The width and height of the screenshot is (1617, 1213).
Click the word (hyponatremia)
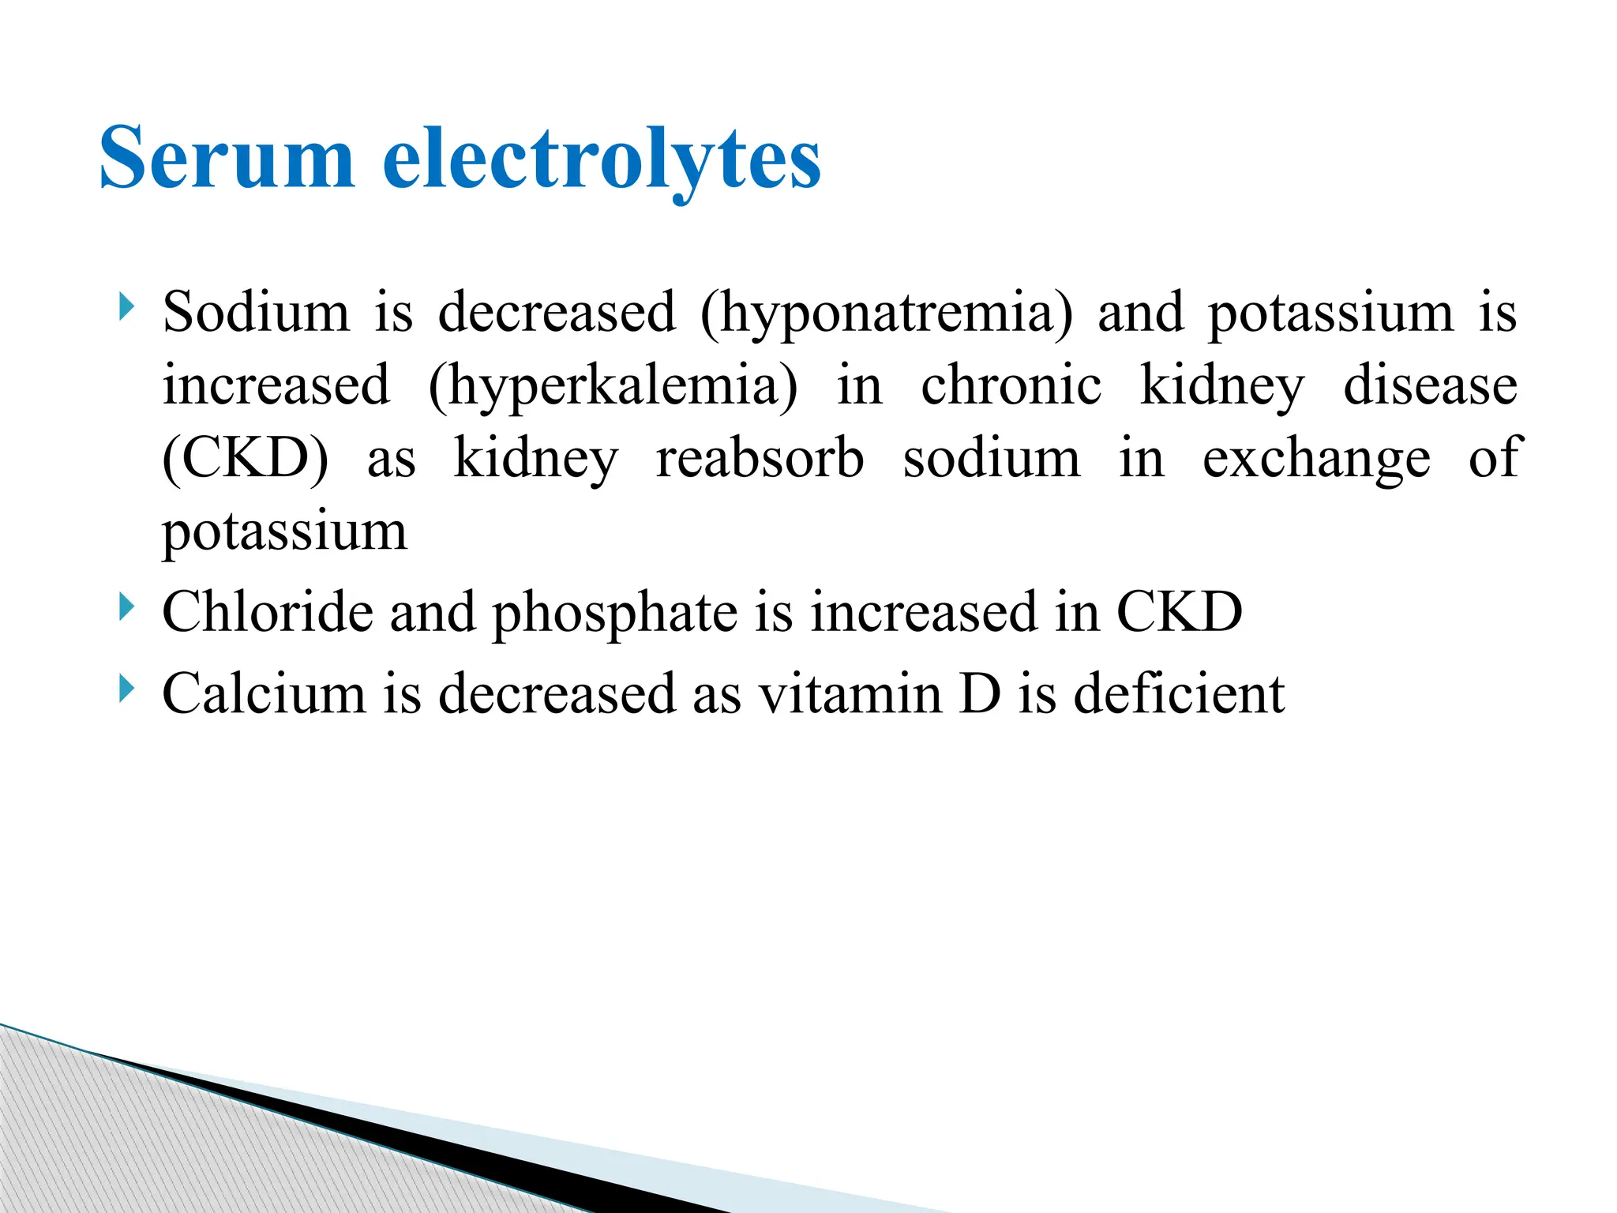click(887, 313)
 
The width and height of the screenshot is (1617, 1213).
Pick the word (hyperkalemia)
click(613, 386)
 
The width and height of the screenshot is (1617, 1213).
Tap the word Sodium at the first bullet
click(256, 311)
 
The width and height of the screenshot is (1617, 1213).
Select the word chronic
click(1011, 385)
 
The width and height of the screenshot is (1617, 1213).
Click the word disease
click(1430, 385)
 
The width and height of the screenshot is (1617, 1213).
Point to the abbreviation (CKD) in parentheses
click(246, 459)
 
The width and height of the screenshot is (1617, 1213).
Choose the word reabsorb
click(760, 459)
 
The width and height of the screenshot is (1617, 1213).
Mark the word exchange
click(1316, 459)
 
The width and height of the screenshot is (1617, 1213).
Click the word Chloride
click(267, 612)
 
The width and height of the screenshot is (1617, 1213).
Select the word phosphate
click(615, 614)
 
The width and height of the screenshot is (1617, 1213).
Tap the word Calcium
click(264, 693)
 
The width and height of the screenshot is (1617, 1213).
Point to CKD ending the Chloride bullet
click(1179, 612)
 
